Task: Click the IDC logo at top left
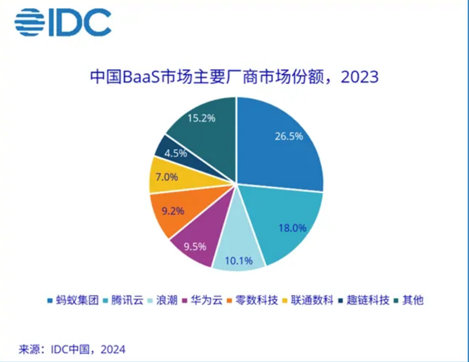pyautogui.click(x=63, y=22)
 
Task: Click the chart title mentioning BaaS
pyautogui.click(x=234, y=77)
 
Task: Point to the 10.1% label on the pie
pyautogui.click(x=239, y=261)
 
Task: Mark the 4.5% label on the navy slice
pyautogui.click(x=176, y=154)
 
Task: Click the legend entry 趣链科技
pyautogui.click(x=367, y=300)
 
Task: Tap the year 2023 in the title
pyautogui.click(x=359, y=77)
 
